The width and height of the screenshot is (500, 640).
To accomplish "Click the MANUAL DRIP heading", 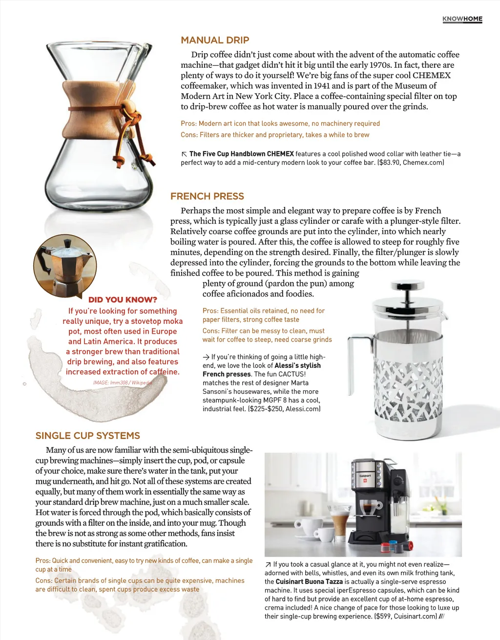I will [x=215, y=40].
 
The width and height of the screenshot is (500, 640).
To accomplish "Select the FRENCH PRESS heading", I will [x=207, y=197].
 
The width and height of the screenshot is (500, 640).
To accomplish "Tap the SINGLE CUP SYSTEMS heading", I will [x=88, y=436].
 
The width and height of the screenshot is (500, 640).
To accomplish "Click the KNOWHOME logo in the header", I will [x=462, y=19].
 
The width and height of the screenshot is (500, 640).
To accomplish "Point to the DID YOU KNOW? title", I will [x=123, y=300].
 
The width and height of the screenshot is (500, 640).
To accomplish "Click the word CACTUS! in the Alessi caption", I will [x=292, y=374].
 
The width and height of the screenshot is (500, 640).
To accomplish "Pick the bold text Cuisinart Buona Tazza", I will [x=309, y=581].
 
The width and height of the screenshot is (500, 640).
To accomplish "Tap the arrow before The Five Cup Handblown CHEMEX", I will [x=184, y=154].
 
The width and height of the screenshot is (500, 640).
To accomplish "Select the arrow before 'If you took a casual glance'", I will [x=268, y=564].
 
